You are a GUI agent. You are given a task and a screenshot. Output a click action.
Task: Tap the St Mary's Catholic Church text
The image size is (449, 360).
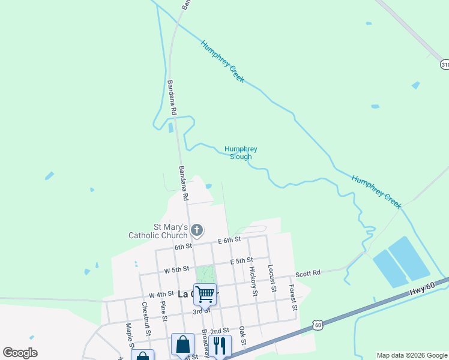click(x=157, y=231)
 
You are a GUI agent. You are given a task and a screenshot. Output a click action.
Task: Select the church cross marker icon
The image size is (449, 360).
click(x=197, y=230)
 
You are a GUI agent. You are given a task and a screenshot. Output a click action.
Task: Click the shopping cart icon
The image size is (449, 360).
click(x=205, y=294)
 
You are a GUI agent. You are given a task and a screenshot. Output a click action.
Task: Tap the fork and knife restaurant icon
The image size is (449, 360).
click(x=220, y=345)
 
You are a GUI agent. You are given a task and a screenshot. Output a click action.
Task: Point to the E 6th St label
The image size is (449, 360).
click(x=229, y=240)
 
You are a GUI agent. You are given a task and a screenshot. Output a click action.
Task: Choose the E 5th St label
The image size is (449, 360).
click(x=241, y=261)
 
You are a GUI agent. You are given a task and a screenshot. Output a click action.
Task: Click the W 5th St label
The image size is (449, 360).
click(x=177, y=269)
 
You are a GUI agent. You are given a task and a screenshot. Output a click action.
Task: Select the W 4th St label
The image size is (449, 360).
click(x=161, y=295)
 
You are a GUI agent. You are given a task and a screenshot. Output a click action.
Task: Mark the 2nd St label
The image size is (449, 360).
click(x=220, y=331)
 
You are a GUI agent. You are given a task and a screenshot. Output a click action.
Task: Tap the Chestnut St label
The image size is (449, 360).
click(x=146, y=315)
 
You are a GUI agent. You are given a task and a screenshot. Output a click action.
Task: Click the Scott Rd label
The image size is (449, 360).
click(x=308, y=272)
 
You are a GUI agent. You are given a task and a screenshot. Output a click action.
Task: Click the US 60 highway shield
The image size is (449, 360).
click(x=318, y=325)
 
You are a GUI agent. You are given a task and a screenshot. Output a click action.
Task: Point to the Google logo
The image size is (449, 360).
click(x=20, y=353)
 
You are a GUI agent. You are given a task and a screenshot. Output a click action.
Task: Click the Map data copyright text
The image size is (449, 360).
click(x=411, y=355)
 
